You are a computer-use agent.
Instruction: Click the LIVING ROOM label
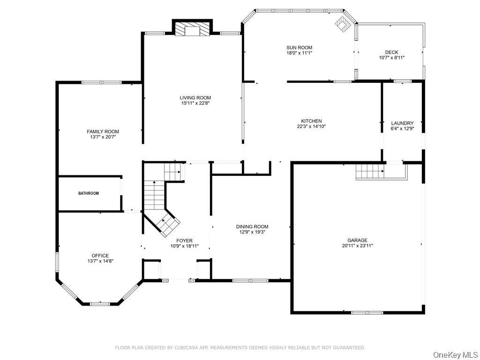point(195,97)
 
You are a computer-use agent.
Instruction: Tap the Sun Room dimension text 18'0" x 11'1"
point(299,53)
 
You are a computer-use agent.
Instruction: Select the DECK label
point(391,52)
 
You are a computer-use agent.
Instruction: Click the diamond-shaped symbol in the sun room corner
point(342,24)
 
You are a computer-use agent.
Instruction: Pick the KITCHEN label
point(311,121)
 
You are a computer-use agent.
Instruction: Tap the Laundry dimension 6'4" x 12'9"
point(402,128)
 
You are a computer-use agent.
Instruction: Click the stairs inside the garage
point(370,172)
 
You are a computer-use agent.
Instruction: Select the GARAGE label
point(357,240)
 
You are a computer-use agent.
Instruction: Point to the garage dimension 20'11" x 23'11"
point(357,246)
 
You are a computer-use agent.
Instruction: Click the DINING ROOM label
point(252,226)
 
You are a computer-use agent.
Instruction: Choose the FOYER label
point(184,240)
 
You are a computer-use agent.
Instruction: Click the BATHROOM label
point(89,193)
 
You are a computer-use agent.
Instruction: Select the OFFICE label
point(100,255)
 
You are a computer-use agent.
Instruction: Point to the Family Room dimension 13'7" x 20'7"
point(103,137)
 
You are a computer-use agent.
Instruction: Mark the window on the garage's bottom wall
point(367,312)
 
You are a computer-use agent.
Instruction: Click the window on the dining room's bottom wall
point(250,280)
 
